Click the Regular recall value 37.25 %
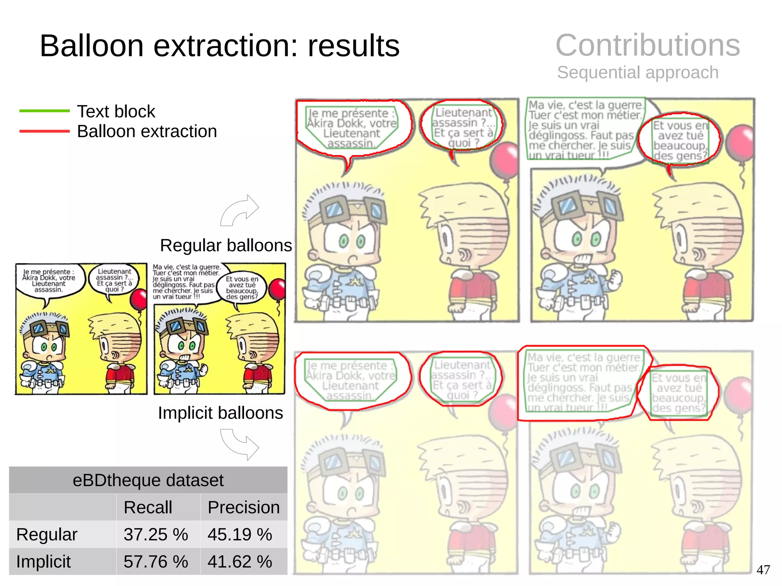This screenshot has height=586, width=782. [155, 534]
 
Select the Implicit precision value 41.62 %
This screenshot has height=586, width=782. [239, 562]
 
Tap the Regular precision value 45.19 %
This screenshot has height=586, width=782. [239, 534]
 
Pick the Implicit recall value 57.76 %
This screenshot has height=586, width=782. [155, 562]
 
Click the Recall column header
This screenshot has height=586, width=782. [148, 507]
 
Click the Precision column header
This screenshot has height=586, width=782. [244, 507]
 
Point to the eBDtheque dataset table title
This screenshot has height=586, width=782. [148, 480]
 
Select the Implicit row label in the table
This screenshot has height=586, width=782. [43, 562]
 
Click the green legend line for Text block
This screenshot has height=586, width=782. [44, 111]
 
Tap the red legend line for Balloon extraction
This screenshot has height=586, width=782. [44, 131]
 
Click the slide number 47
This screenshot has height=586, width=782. [763, 570]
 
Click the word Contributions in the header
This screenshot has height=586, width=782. [648, 45]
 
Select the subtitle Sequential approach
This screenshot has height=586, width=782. [638, 72]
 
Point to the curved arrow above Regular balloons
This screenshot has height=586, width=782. [239, 210]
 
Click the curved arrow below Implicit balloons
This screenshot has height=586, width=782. [239, 444]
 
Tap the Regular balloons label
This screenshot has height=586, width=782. [226, 245]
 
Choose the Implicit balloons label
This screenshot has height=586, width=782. [220, 413]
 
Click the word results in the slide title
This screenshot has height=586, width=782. [354, 46]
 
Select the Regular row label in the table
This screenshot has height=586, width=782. [47, 534]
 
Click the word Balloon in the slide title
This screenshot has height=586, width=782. [92, 46]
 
